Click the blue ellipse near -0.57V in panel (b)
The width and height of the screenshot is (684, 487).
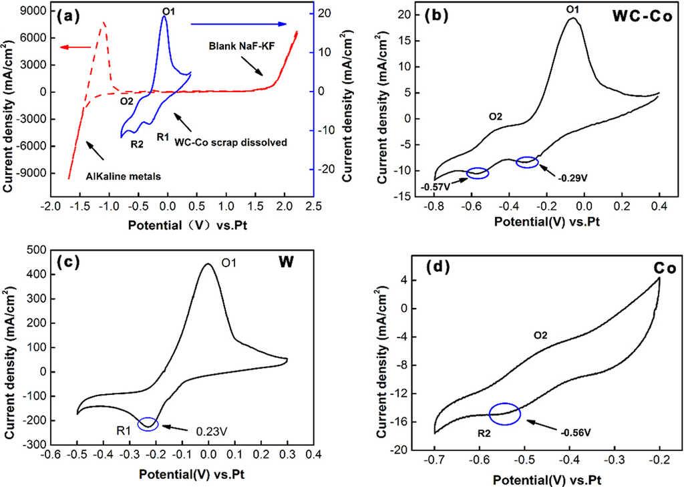(478, 173)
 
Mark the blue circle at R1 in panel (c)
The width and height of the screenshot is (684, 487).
(148, 424)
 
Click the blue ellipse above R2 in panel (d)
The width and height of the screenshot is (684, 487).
(504, 414)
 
